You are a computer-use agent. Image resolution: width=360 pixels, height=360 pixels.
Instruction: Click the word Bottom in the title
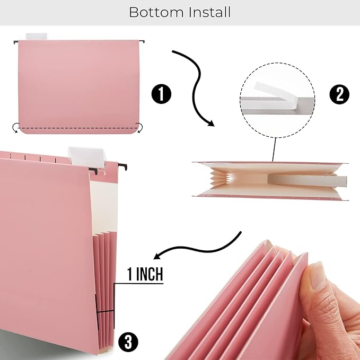point(156,12)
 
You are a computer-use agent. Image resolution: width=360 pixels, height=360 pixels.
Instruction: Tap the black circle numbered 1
point(162,95)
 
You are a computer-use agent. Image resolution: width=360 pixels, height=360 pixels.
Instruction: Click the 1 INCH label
point(145,275)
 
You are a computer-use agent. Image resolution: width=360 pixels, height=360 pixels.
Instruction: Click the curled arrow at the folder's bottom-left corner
point(16,127)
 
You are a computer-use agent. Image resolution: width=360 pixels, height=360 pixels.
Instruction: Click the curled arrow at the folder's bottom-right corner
point(140,127)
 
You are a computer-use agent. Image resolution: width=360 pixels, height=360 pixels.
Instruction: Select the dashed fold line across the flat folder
point(78,129)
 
